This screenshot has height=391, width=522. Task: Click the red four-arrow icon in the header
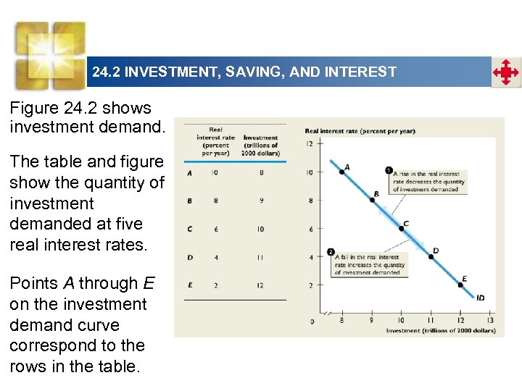[506, 72]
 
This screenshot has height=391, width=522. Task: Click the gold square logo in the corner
[51, 54]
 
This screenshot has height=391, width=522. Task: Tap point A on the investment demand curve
[341, 172]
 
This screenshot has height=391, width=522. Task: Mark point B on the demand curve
[372, 200]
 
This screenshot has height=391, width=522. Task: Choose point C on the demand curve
[402, 229]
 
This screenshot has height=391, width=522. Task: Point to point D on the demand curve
[431, 257]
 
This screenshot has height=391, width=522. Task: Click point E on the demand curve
[460, 285]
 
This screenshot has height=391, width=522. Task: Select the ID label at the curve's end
[481, 297]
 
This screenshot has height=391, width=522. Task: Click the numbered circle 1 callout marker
[389, 171]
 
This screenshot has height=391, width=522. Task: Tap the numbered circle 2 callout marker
[331, 253]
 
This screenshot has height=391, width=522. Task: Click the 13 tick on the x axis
[490, 320]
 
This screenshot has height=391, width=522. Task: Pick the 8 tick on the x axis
[342, 320]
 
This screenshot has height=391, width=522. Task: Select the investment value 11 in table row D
[260, 257]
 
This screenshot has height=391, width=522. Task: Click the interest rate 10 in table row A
[215, 173]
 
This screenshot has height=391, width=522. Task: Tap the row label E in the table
[189, 285]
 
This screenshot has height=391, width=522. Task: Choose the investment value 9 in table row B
[260, 201]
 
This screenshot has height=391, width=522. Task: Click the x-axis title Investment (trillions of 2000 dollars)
[440, 330]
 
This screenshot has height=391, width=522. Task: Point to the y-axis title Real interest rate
[360, 131]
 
